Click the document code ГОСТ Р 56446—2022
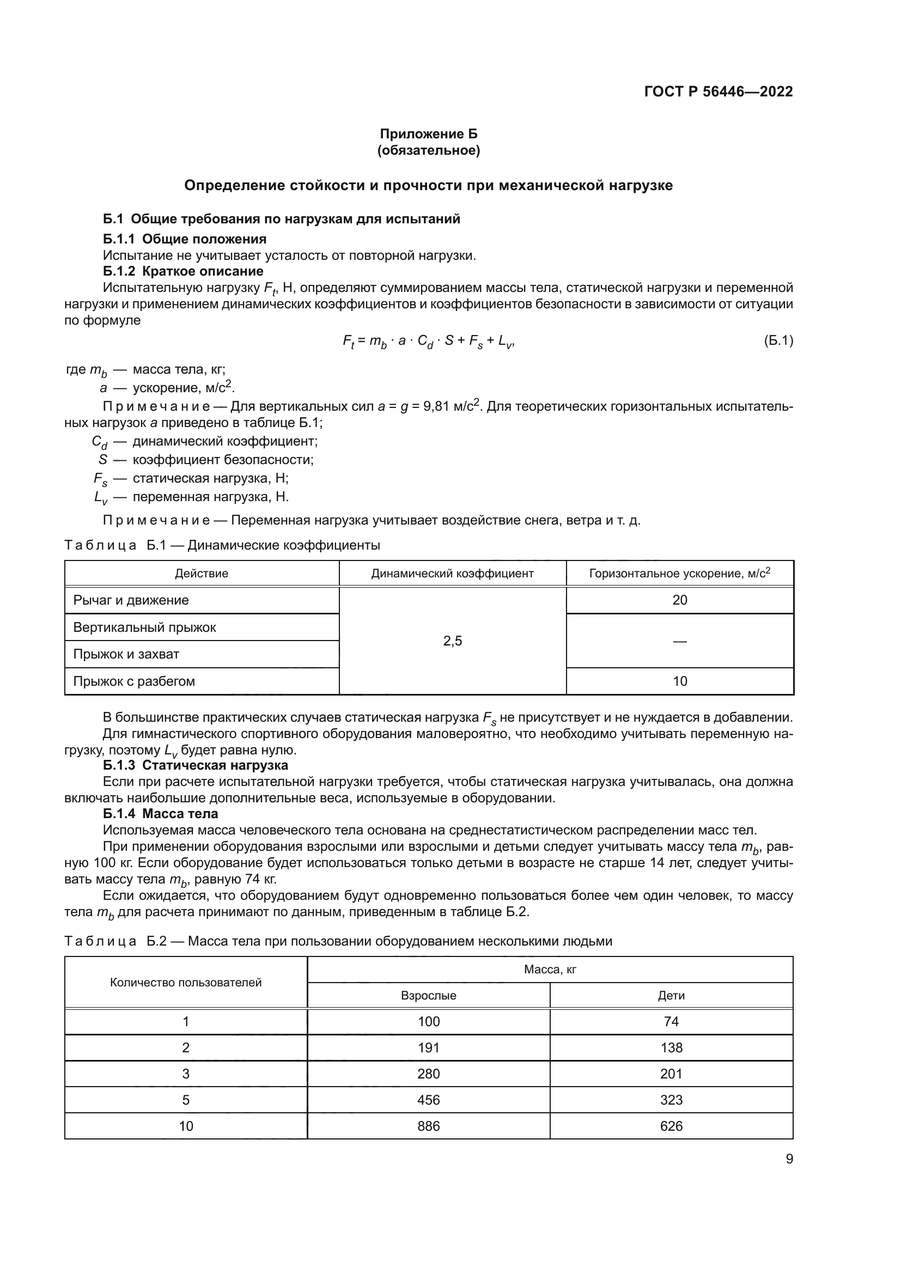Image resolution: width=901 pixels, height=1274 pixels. coord(718,92)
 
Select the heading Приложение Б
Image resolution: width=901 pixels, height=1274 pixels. coord(428,134)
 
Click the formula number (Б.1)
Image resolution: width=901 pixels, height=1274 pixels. coord(778,340)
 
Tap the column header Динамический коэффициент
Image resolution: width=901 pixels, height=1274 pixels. coord(452,573)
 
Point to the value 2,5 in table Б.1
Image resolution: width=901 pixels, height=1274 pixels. coord(452,641)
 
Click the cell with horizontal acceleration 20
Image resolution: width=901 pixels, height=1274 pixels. coord(680,600)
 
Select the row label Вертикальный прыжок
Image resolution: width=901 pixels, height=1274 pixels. coord(145,627)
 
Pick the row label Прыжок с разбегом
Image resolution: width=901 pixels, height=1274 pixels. coord(134,681)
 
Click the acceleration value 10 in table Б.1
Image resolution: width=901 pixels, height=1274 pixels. coord(680,681)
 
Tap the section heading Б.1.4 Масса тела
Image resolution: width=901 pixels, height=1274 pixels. coord(160,813)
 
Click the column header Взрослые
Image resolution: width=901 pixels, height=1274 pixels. coord(428,996)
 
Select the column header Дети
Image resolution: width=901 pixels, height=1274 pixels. coord(671,996)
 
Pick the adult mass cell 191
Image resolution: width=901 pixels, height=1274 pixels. coord(428,1047)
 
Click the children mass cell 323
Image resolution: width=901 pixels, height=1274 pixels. coord(671,1100)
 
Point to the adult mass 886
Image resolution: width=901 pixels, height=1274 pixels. coord(428,1126)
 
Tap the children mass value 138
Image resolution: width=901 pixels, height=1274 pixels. coord(671,1047)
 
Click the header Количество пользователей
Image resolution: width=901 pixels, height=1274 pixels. coord(186,983)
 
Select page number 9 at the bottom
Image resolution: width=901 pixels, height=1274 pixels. coord(789,1159)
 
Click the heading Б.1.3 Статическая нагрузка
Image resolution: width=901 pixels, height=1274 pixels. coord(196,765)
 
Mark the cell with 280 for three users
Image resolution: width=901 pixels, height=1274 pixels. coord(428,1074)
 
